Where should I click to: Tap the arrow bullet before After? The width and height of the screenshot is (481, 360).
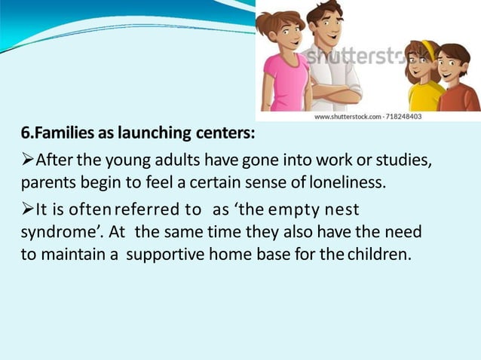pos(28,160)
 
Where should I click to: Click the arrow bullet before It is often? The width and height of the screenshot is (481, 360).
pos(28,207)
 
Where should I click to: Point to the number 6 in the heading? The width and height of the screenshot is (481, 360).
pos(25,134)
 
